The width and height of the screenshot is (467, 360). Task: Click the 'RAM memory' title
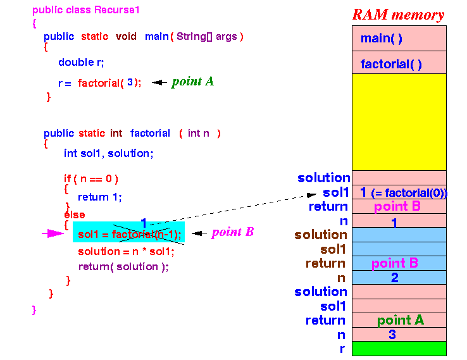click(x=398, y=15)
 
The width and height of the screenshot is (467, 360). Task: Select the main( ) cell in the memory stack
click(x=399, y=38)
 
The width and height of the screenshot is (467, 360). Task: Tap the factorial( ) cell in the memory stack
click(x=399, y=63)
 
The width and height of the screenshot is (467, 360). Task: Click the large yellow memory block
click(x=399, y=122)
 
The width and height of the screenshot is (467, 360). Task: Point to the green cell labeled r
click(x=399, y=349)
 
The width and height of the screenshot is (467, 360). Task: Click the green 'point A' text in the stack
click(x=401, y=320)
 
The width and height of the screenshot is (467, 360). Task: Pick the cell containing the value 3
click(x=399, y=335)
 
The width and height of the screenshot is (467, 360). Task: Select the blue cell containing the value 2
click(x=399, y=278)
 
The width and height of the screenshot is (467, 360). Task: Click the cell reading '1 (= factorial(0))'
click(x=399, y=192)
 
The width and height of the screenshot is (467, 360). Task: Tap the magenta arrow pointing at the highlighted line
click(x=53, y=233)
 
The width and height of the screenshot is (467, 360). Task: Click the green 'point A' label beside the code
click(x=193, y=82)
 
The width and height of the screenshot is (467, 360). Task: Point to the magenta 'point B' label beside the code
click(x=233, y=232)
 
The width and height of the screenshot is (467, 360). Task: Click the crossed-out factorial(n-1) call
click(x=146, y=235)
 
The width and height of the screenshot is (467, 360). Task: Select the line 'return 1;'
click(x=100, y=197)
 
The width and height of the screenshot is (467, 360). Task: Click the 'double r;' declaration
click(x=81, y=62)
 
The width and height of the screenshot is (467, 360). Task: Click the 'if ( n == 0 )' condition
click(x=91, y=178)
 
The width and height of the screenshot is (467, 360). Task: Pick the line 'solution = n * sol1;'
click(x=126, y=252)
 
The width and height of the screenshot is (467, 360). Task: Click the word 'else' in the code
click(x=75, y=214)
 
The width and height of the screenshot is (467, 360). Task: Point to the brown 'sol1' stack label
click(x=333, y=249)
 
